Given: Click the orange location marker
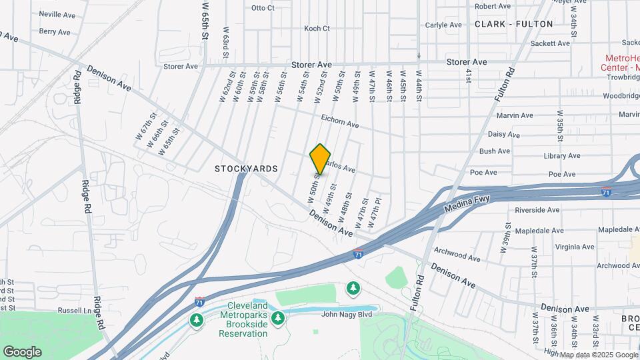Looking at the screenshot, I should (321, 159).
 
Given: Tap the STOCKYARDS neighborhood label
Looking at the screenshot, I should (246, 169).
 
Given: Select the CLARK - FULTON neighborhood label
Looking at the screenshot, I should (514, 24).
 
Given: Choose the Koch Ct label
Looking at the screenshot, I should (317, 29).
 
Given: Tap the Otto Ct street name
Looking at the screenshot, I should (263, 8).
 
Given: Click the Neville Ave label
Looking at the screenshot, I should (57, 14).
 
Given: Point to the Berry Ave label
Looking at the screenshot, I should (55, 32).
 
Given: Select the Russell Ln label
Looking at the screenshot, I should (75, 310).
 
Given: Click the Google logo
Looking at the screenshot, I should (22, 351).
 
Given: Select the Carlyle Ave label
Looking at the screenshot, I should (443, 25).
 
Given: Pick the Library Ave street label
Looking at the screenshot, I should (562, 156).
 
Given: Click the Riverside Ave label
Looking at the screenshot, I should (537, 210).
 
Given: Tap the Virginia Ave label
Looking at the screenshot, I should (574, 247).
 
